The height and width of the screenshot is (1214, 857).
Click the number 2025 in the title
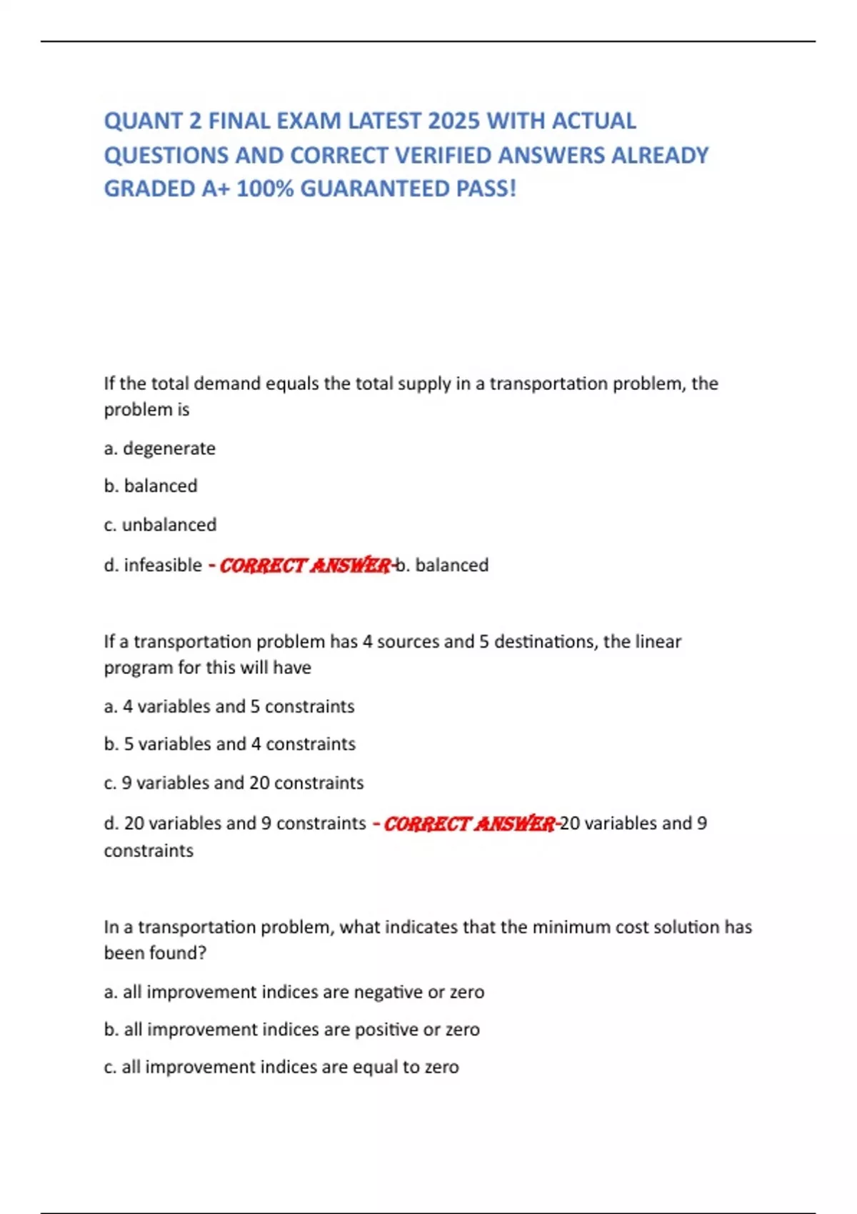click(453, 121)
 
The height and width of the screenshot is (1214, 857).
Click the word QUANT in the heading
click(143, 121)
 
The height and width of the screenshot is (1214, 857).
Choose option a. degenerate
click(159, 448)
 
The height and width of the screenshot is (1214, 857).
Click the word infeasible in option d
click(163, 565)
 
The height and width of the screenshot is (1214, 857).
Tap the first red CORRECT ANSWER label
click(305, 566)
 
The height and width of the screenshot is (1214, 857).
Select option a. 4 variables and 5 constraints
click(229, 706)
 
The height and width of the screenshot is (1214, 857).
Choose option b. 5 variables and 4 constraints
click(229, 744)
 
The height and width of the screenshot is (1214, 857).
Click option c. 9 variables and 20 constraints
click(234, 783)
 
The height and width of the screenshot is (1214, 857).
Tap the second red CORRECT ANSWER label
click(469, 824)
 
